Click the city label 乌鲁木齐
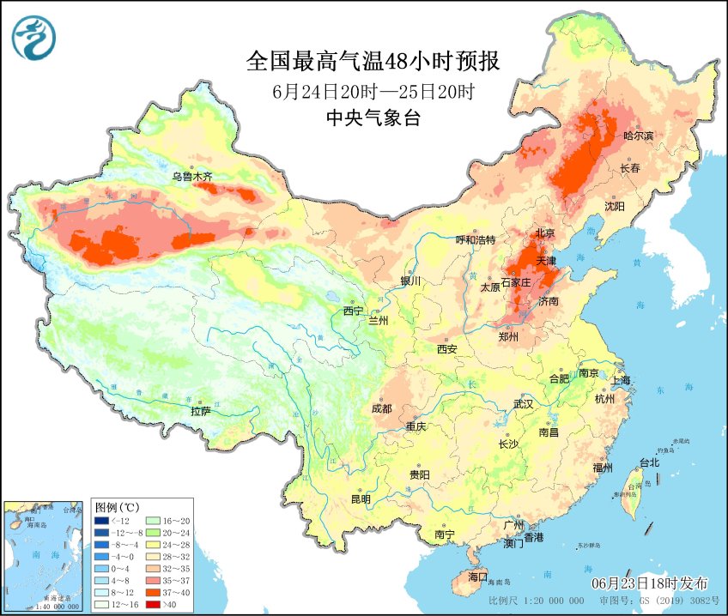(191, 177)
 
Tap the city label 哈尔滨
(639, 136)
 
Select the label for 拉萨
(200, 411)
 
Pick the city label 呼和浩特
(476, 239)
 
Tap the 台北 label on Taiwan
(649, 462)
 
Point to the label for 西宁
(354, 310)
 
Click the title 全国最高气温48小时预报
(373, 62)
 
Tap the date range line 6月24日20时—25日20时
(373, 91)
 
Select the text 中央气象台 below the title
(373, 118)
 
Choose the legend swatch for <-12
(102, 520)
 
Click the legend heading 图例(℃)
(118, 506)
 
